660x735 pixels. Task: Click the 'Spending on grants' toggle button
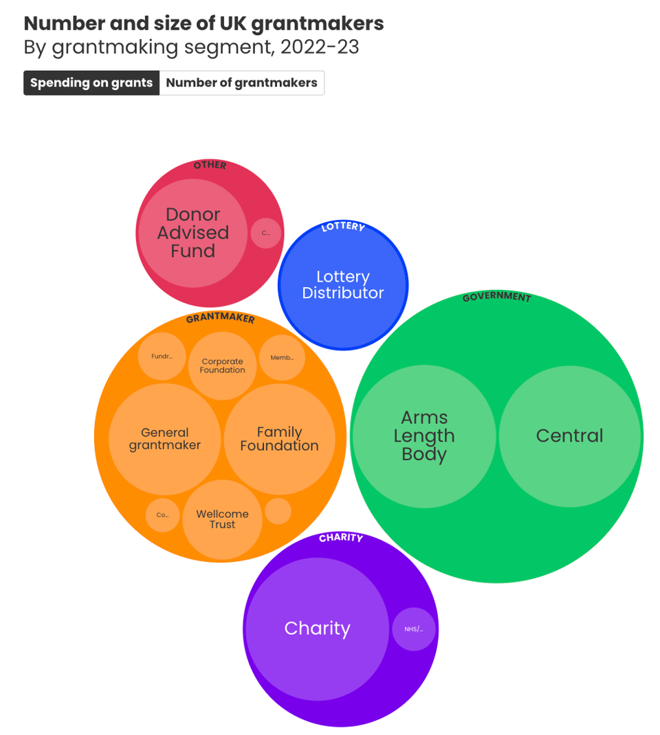91,83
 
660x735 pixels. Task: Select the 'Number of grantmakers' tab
241,83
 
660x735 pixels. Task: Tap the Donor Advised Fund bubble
193,233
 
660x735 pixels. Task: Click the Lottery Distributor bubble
343,285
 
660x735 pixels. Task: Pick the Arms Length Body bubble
424,436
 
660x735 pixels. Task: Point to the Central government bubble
569,436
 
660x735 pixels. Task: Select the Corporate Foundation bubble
222,365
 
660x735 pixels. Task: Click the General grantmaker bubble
165,439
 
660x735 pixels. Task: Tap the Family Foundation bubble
279,439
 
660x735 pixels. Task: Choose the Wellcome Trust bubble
222,519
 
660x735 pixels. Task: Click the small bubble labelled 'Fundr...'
162,357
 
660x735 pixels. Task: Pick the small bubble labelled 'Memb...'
282,357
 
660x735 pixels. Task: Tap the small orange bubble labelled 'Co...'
162,515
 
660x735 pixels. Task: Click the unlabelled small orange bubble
278,511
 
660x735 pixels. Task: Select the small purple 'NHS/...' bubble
414,629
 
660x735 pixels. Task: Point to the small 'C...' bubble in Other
266,233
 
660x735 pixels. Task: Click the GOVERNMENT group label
496,297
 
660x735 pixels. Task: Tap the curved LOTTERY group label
343,227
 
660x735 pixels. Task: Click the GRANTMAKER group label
220,319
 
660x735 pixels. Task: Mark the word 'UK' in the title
232,23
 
